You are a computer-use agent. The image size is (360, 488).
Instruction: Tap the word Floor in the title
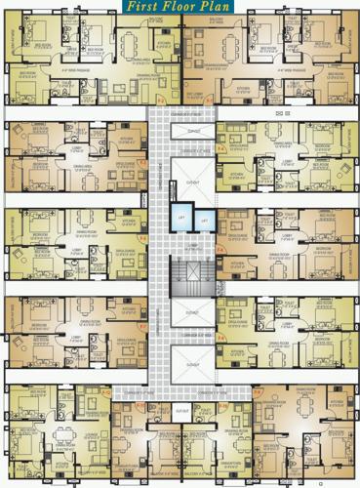point(180,8)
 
